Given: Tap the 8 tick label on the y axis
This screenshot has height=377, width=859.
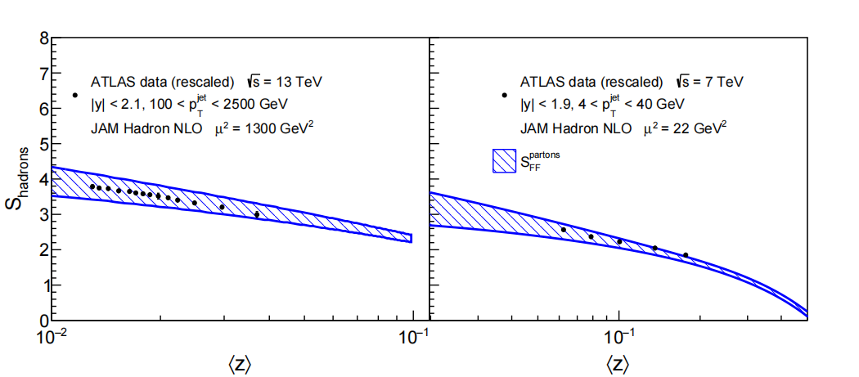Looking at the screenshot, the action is (43, 38).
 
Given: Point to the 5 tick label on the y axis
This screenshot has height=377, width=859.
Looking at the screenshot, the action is (43, 144).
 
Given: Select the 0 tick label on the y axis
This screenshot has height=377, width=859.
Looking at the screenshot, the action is (43, 321).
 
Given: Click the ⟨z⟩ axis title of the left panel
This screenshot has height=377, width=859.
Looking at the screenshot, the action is (240, 364).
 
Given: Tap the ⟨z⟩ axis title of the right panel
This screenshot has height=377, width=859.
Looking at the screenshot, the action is (618, 364).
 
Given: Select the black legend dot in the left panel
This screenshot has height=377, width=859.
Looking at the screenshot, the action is (75, 95).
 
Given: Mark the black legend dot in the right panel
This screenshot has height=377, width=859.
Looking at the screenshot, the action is (504, 95).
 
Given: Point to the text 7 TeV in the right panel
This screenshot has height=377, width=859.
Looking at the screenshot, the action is (723, 83).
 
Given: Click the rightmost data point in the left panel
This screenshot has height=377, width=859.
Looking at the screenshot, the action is (256, 215).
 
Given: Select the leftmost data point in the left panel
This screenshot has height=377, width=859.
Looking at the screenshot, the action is (92, 186).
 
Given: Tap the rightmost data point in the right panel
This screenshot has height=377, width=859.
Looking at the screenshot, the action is (686, 255).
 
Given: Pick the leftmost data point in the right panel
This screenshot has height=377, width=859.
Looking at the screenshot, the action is (563, 230).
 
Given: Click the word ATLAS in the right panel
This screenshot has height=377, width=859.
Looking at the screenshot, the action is (537, 83).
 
